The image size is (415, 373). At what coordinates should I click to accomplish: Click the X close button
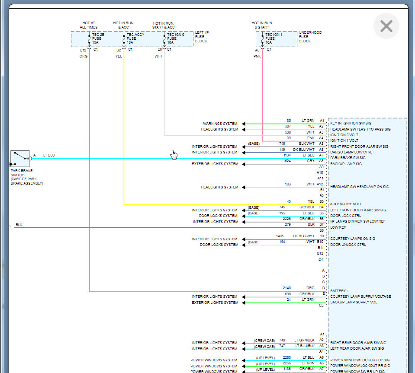[x=386, y=26]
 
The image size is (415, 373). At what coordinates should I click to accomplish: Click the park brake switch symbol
[x=19, y=159]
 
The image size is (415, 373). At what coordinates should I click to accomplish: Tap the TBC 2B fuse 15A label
[x=98, y=38]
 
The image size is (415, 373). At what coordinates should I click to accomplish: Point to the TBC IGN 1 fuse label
[x=274, y=38]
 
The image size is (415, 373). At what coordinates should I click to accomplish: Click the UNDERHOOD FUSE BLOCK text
[x=310, y=37]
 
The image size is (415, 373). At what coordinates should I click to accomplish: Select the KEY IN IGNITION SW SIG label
[x=351, y=123]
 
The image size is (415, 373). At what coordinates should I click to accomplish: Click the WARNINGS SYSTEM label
[x=220, y=124]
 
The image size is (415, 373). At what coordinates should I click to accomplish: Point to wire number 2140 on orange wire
[x=286, y=288]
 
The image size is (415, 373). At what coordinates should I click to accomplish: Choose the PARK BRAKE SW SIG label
[x=347, y=158]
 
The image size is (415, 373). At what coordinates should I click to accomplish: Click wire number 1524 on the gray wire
[x=286, y=161]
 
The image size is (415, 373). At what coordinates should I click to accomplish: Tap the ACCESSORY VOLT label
[x=346, y=204]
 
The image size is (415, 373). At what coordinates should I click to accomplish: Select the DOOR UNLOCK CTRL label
[x=348, y=245]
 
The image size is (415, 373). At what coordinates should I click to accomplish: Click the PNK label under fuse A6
[x=257, y=56]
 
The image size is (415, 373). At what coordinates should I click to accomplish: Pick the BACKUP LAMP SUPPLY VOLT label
[x=354, y=302]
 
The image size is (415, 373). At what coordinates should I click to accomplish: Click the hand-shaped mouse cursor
[x=174, y=155]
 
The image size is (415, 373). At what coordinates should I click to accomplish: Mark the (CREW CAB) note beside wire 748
[x=264, y=340]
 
